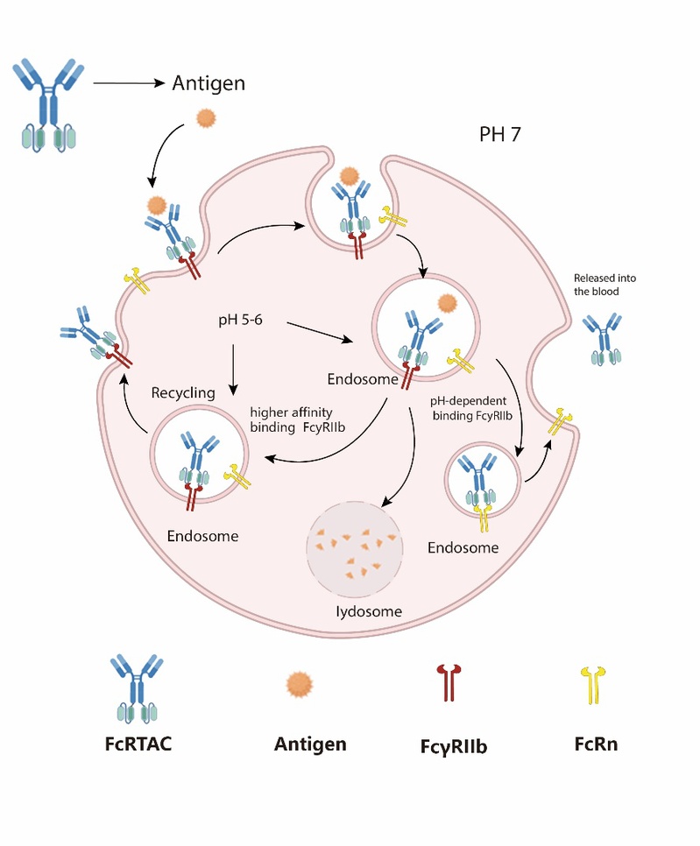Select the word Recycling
(x=183, y=392)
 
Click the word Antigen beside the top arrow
(x=209, y=84)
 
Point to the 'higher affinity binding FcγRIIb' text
(x=290, y=417)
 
